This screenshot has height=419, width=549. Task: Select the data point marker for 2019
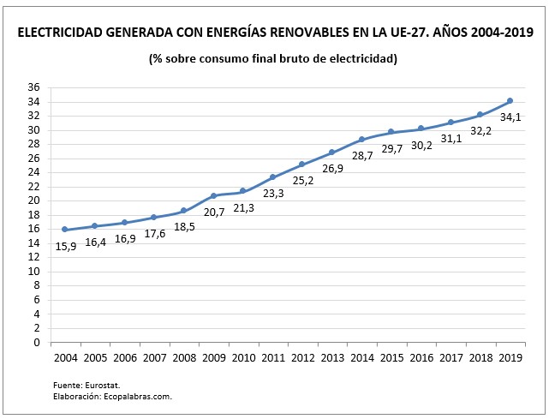(510, 101)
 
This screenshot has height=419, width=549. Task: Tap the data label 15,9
(66, 247)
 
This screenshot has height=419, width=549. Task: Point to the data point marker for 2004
(65, 230)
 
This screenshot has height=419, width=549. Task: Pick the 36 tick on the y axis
(34, 87)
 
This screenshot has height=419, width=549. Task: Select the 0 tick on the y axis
(37, 342)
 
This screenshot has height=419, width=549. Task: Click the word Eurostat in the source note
(103, 386)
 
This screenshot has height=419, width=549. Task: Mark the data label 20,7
(214, 212)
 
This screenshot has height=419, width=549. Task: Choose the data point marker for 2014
(361, 139)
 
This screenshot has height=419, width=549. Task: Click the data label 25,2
(303, 181)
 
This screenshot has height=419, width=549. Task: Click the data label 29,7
(392, 149)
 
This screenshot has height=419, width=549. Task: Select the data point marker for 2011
(272, 177)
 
